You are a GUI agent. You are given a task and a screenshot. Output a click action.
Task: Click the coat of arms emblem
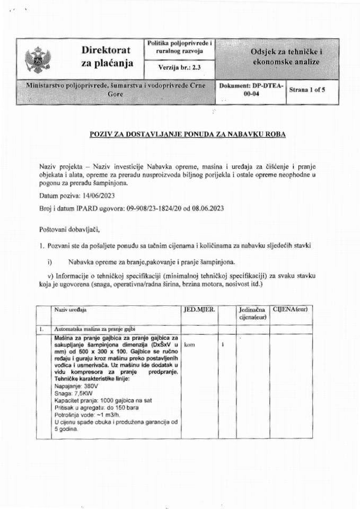pos(37,58)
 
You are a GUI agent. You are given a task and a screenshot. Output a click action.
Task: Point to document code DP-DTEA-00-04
pos(251,90)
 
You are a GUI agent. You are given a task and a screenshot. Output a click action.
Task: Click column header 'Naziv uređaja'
pos(69,309)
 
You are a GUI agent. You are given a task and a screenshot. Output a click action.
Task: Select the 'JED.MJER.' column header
pos(199,308)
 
